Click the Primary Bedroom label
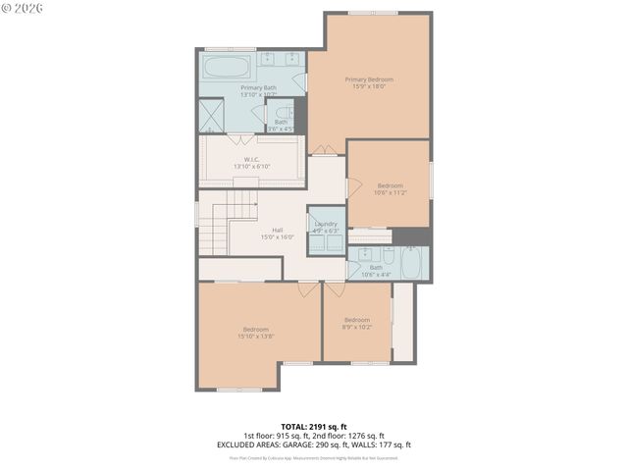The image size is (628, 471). tap(369, 78)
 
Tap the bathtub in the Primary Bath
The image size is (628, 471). tap(228, 69)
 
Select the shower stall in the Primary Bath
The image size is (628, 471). tap(212, 116)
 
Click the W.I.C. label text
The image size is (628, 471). tap(252, 159)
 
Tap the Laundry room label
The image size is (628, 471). tap(325, 225)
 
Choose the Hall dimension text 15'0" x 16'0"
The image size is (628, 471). tap(278, 237)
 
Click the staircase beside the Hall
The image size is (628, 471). tap(214, 225)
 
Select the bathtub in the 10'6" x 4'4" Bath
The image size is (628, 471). tap(412, 262)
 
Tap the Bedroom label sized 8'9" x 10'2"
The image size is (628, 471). tap(356, 320)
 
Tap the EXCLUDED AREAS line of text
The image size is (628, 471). tap(314, 445)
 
